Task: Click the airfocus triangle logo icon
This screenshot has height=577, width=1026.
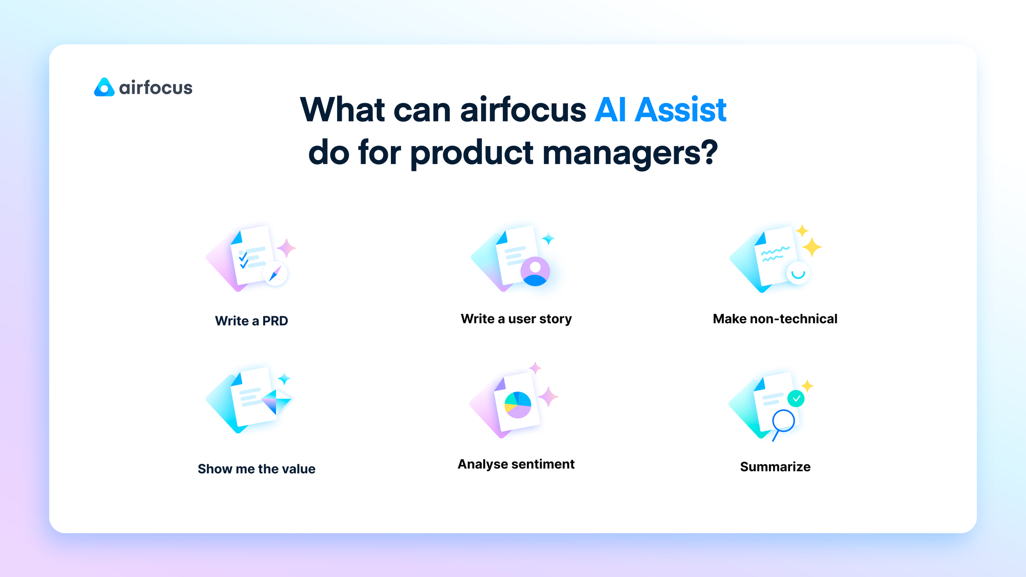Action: pos(104,88)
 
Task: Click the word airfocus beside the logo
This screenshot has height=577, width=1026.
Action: pos(155,88)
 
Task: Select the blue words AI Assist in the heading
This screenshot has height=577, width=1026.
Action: pos(660,110)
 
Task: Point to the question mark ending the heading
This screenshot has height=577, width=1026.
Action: pos(708,152)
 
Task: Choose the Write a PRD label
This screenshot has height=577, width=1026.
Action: pos(251,321)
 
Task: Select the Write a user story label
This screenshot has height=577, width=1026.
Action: pos(516,319)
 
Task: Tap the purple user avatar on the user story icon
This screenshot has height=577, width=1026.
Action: pos(535,271)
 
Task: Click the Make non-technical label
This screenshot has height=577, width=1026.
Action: pos(775,319)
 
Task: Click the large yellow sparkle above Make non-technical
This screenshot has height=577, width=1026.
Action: pos(812,247)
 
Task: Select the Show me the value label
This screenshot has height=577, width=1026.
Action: pos(256,469)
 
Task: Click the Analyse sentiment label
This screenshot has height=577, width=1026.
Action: pos(516,464)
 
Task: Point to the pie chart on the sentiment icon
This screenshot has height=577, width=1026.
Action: pos(518,405)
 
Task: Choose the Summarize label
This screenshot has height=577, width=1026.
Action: pos(775,467)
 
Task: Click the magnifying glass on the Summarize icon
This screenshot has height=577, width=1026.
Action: pos(783,422)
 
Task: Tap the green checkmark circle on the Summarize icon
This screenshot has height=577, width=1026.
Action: pos(796,399)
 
